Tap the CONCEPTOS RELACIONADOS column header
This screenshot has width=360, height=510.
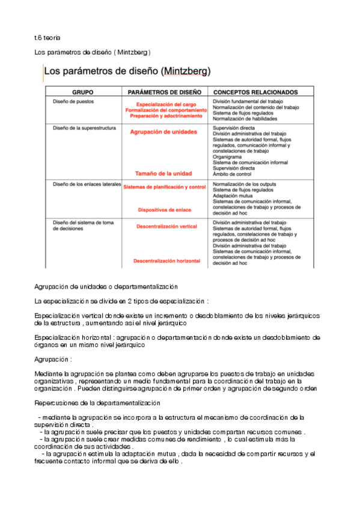(255, 93)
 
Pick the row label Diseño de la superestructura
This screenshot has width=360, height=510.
(85, 128)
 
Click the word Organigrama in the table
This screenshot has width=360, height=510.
(228, 156)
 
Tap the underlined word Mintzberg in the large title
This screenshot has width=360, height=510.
(185, 71)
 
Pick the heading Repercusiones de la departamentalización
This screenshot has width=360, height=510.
(98, 403)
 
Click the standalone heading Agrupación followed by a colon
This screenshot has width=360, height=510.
(53, 359)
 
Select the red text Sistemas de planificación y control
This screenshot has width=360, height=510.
(165, 187)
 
